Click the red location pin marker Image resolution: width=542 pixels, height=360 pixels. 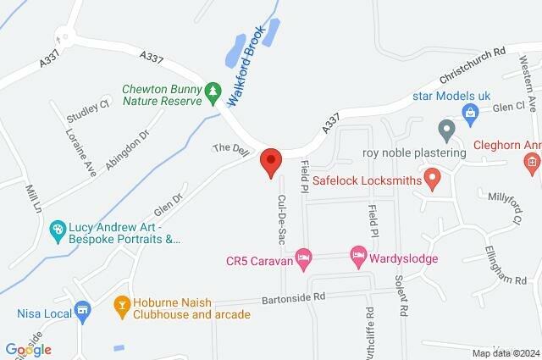(270, 161)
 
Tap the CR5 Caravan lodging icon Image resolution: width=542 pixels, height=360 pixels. (306, 256)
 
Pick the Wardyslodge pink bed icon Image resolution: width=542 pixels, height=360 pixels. (358, 254)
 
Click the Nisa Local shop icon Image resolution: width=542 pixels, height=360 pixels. (82, 311)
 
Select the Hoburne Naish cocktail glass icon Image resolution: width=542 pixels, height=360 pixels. (121, 302)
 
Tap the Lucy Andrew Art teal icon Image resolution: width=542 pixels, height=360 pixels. (57, 229)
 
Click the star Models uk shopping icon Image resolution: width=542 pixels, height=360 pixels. (468, 111)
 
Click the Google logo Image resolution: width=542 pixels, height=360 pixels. (29, 349)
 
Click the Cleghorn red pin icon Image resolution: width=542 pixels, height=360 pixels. (532, 161)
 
